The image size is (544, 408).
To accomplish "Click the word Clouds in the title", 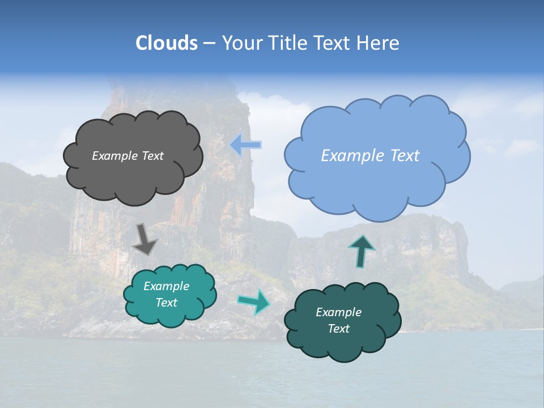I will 166,43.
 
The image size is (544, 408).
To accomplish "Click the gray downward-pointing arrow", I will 144,239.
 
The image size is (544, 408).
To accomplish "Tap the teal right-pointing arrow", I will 254,301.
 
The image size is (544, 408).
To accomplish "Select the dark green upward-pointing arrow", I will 362,251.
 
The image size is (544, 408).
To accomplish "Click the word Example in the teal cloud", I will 166,286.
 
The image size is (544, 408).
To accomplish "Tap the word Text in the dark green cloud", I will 338,329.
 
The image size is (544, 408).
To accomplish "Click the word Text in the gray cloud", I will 152,156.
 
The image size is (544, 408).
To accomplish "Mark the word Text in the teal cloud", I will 166,303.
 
